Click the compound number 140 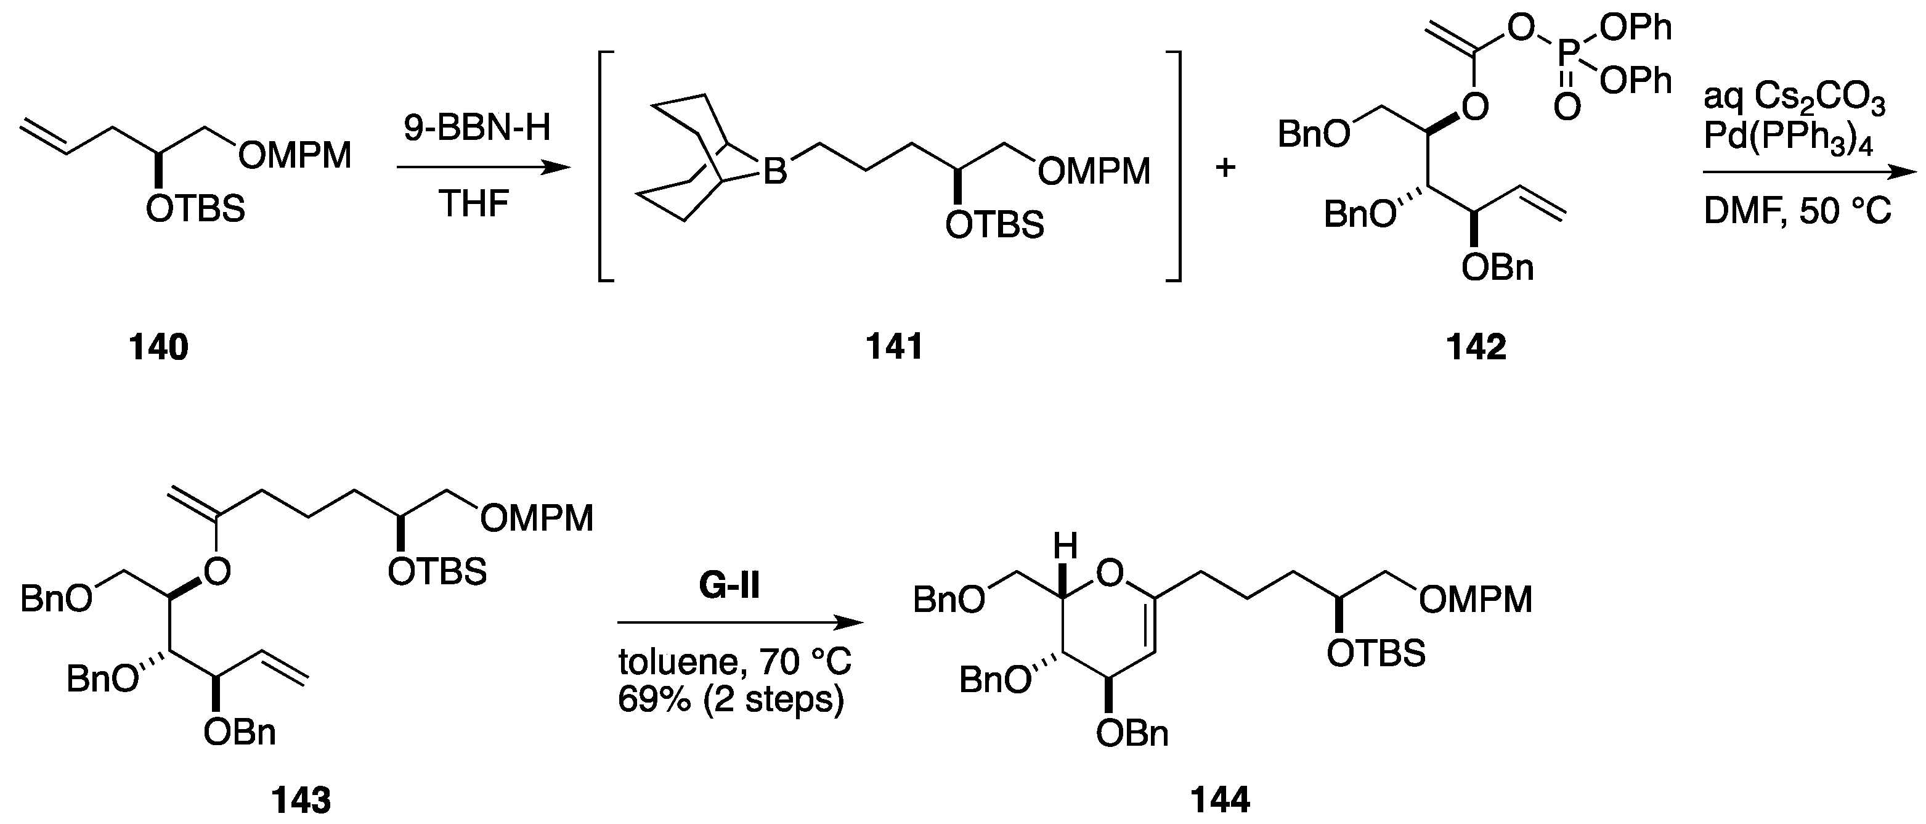(x=158, y=348)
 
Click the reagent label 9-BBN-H (x=477, y=129)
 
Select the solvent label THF (x=474, y=203)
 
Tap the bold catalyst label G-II (x=729, y=586)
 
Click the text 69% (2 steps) (x=731, y=700)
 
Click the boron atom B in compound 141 (x=775, y=173)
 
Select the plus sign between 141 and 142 (x=1225, y=168)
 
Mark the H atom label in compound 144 (x=1065, y=547)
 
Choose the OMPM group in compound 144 (x=1476, y=600)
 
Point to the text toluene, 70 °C (x=734, y=662)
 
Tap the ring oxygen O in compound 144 (x=1110, y=574)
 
